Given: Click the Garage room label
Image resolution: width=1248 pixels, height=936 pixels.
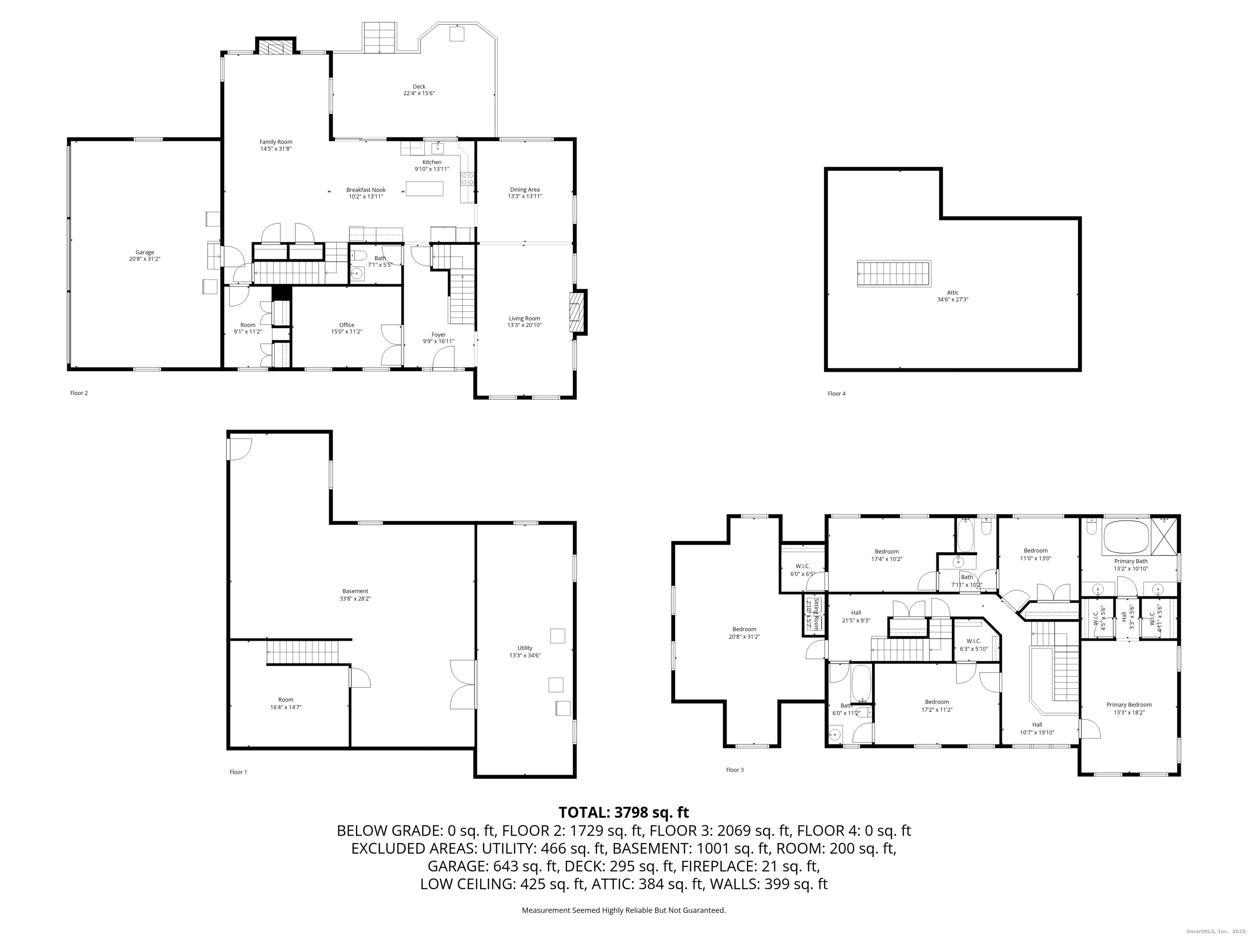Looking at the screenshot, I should pos(145,253).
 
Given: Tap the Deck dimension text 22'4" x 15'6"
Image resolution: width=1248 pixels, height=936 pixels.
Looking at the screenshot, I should pos(418,94).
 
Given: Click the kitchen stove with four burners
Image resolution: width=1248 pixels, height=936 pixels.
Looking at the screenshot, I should pos(468,180).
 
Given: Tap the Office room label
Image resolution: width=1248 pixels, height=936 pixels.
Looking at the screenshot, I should pos(347,325).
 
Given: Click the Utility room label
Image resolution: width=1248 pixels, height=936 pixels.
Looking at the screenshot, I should pos(525,648).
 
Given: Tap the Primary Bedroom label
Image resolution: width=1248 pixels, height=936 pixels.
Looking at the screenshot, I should pos(1129,705).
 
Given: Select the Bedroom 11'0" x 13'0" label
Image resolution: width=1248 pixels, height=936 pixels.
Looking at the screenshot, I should pos(1036,550).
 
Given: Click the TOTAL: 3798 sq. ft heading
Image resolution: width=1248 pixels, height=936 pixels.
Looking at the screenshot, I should pos(624,812).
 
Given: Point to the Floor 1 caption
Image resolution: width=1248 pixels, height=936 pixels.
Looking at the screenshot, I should pos(238,772).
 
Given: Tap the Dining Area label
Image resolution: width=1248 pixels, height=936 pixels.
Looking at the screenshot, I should pos(525,190).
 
